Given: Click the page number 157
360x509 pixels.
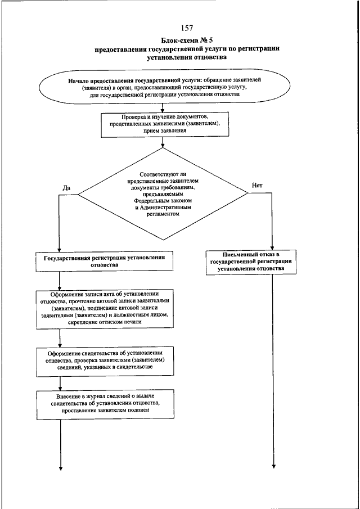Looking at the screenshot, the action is [187, 28].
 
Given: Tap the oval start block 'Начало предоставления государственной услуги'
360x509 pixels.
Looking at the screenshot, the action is [164, 87].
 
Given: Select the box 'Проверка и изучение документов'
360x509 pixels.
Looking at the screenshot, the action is [165, 125].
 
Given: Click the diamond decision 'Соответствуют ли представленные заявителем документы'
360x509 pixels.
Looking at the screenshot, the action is [163, 194].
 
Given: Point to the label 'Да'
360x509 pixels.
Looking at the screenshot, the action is [66, 188].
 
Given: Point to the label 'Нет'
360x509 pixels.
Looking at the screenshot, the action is [257, 186].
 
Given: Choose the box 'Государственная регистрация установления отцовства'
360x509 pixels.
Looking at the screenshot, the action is [104, 262].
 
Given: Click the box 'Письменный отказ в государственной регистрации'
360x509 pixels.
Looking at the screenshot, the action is [251, 262].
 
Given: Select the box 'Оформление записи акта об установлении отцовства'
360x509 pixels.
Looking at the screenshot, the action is [105, 309].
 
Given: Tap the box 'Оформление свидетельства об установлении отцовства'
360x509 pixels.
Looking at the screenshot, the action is [105, 362].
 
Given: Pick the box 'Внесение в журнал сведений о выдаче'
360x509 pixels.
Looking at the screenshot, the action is [105, 404].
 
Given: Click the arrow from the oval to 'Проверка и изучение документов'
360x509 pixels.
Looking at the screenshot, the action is [163, 108].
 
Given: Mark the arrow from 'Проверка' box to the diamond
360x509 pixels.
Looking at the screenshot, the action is [163, 142].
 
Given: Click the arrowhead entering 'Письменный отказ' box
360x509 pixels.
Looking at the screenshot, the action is [272, 247].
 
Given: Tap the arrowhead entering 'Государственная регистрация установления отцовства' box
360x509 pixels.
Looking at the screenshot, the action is [59, 249].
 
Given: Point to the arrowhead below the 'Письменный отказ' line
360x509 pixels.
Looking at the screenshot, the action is [273, 466].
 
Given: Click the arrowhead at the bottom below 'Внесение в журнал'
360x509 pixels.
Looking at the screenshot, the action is [60, 468].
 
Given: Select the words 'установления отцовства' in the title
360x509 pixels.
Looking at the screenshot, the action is [187, 58].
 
